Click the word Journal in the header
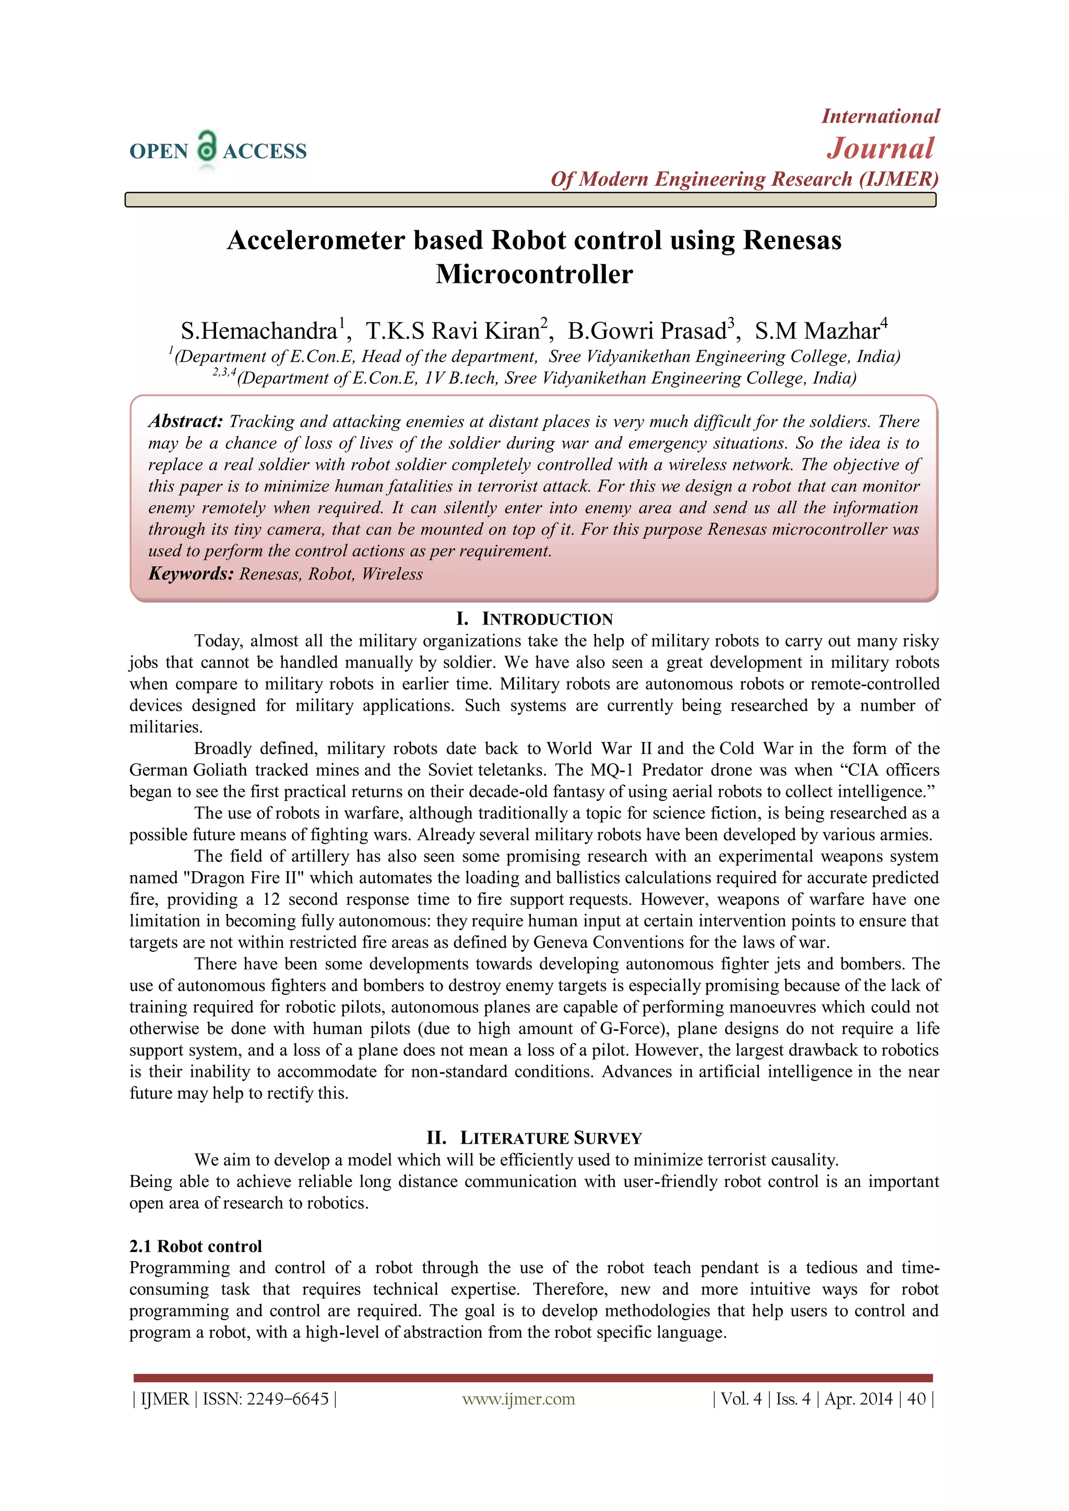click(880, 148)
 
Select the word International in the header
click(880, 116)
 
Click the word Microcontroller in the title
click(534, 274)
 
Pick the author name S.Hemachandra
click(259, 330)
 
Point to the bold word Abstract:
click(186, 421)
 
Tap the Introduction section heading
click(534, 619)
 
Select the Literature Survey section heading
click(534, 1138)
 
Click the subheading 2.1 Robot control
click(196, 1246)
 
